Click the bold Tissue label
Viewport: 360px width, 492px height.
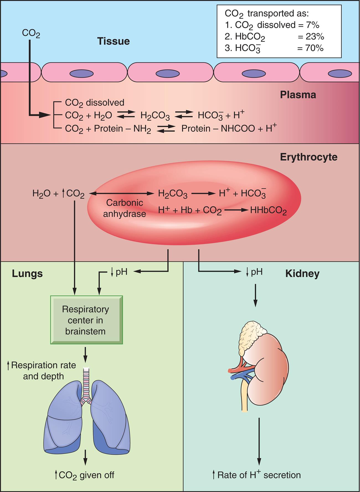(113, 41)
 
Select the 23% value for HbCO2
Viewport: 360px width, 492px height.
(311, 37)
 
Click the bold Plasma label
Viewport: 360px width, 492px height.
(298, 95)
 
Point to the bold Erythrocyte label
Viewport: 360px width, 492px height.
(308, 157)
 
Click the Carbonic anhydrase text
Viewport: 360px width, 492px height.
(124, 208)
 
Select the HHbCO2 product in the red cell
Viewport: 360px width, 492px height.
(268, 211)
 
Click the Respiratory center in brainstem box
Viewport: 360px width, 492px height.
(86, 320)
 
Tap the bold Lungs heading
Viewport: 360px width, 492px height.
(27, 273)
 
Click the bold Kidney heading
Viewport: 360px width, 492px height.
(302, 274)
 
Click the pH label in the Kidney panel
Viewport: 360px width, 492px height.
(254, 272)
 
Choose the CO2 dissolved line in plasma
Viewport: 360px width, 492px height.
(94, 103)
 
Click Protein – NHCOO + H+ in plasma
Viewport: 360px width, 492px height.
(229, 129)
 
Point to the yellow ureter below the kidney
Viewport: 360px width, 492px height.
(244, 396)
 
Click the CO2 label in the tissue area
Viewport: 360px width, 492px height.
(31, 33)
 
